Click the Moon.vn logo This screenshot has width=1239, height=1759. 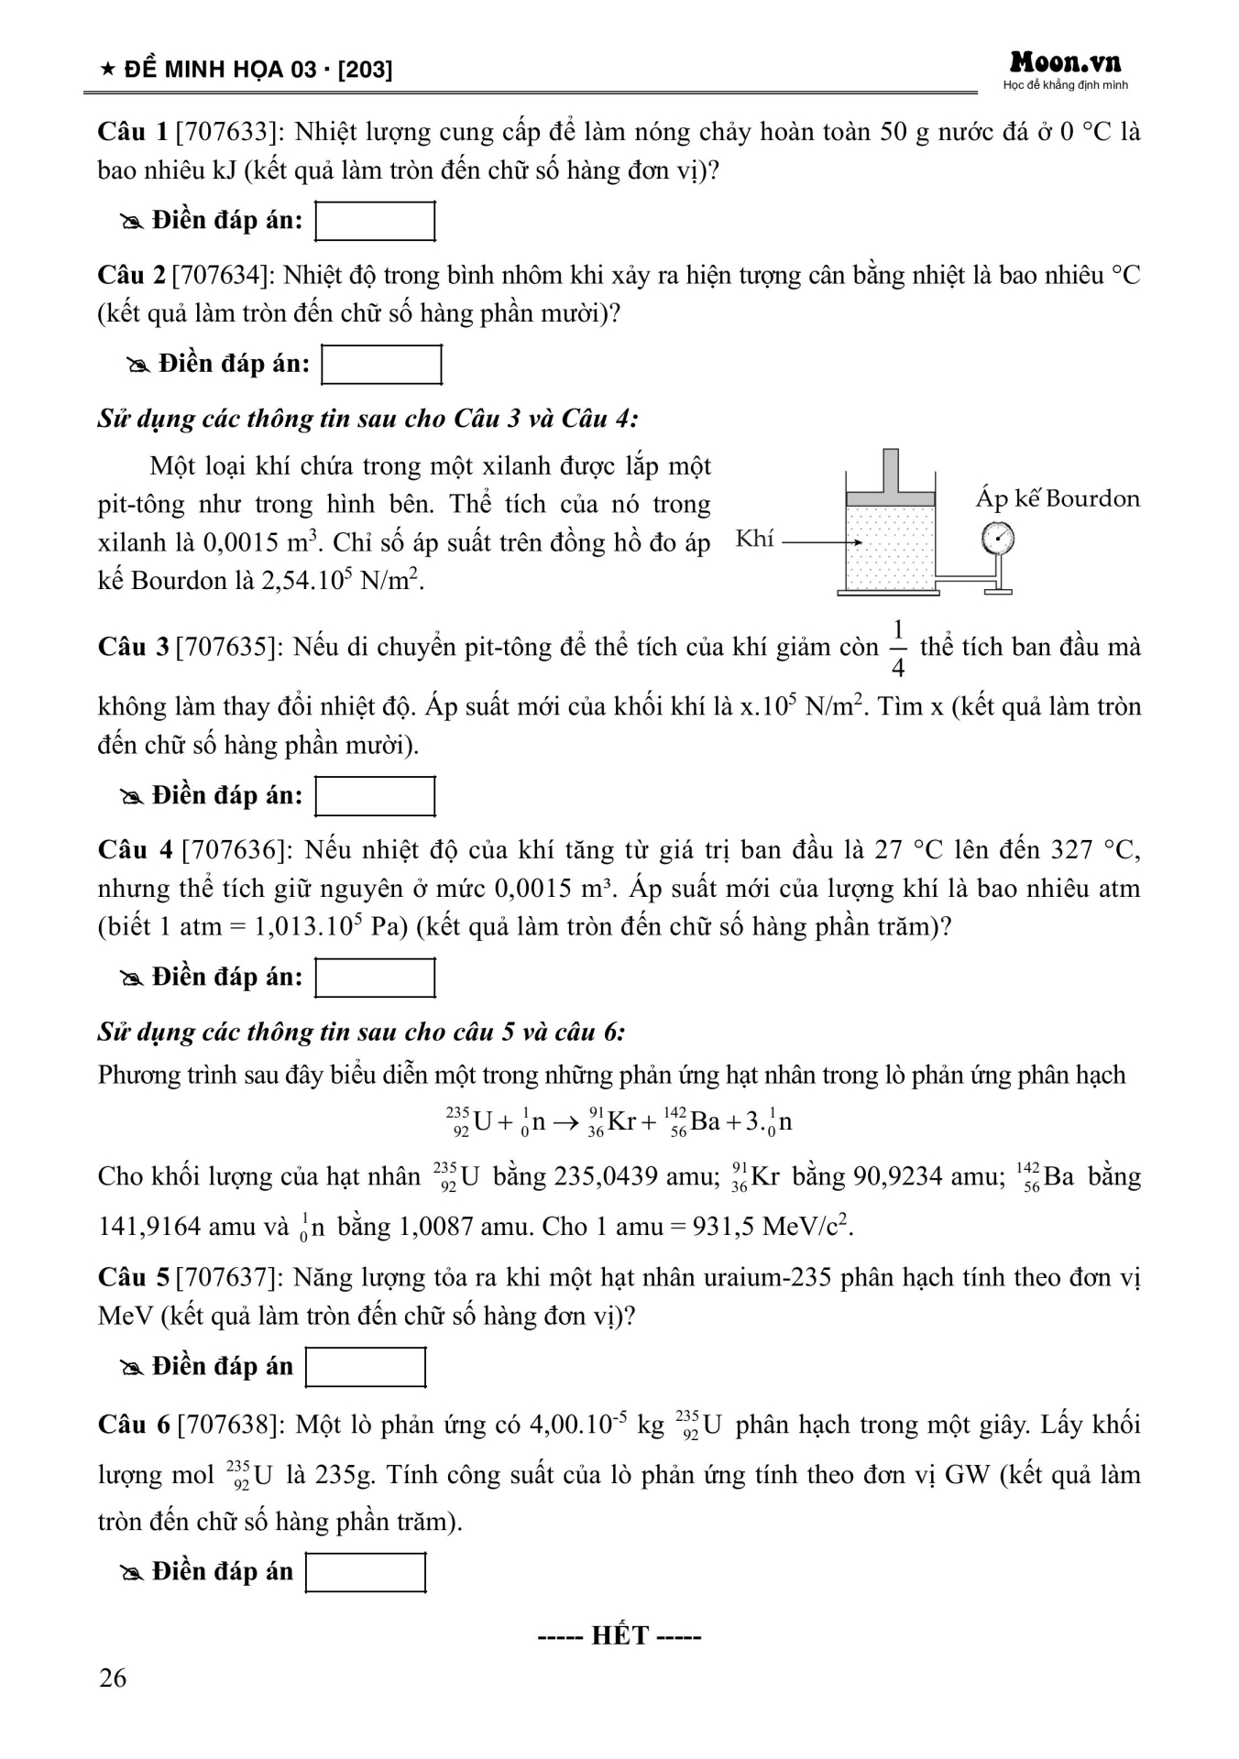coord(1065,63)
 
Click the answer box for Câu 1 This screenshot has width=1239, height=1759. coord(375,222)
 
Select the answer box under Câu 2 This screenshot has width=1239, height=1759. coord(381,365)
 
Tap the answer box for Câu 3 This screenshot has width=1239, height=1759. coord(375,796)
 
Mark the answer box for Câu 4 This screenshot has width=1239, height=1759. coord(375,978)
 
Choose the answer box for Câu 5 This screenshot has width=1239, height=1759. coord(366,1368)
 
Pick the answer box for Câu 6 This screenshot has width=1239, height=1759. coord(366,1573)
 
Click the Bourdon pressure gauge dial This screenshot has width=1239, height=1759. coord(998,539)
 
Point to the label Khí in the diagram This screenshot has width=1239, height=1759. coord(754,539)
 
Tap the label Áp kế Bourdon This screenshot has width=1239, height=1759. coord(1058,499)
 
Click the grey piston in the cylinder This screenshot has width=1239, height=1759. coord(890,498)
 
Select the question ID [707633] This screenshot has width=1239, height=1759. coord(230,133)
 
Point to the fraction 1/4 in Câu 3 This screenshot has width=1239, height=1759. coord(898,649)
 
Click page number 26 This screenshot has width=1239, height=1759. coord(113,1678)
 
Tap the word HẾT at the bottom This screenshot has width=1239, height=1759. coord(620,1636)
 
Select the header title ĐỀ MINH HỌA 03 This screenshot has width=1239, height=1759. coord(220,70)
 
